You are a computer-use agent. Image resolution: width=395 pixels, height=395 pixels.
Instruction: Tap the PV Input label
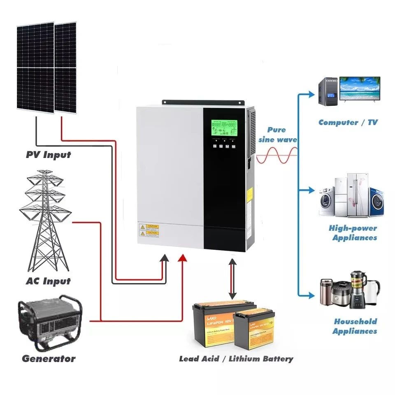[x=48, y=155]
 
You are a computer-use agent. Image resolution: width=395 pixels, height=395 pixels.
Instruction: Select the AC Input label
[x=48, y=281]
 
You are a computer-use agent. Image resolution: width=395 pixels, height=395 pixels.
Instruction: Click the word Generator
[x=49, y=358]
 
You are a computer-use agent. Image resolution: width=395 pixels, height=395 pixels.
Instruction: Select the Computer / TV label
[x=348, y=122]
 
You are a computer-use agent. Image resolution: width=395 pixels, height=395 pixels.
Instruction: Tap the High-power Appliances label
[x=353, y=233]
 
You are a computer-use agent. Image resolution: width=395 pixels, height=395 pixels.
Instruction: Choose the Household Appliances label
[x=354, y=326]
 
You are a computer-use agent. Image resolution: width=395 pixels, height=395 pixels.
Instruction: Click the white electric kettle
[x=373, y=292]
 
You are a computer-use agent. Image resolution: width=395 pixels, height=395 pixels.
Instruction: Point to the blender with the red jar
[x=358, y=288]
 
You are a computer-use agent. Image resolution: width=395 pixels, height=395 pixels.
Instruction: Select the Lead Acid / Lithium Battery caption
[x=236, y=359]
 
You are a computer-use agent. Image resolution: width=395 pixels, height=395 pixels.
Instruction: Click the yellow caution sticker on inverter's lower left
[x=149, y=230]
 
